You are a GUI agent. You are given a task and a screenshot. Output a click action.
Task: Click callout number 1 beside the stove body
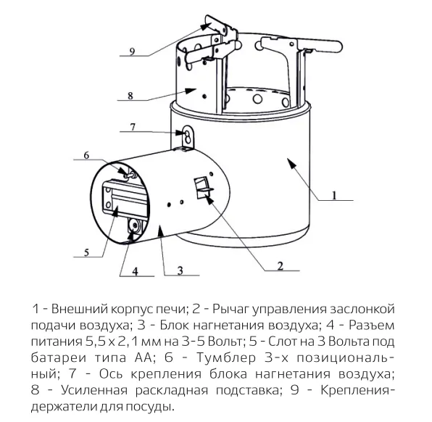click(x=334, y=196)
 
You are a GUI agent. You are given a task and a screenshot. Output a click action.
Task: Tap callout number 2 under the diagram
click(x=281, y=266)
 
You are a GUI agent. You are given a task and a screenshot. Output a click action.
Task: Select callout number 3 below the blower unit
click(x=180, y=270)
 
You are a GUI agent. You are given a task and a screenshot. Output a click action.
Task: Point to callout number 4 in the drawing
click(x=135, y=271)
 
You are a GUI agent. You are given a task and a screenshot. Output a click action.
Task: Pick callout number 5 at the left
click(x=86, y=252)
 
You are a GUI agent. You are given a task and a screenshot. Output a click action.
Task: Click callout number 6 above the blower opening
click(x=86, y=155)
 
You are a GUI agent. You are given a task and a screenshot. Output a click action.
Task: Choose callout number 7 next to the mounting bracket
click(x=133, y=127)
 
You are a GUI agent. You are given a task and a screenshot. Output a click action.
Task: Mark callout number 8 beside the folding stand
click(x=130, y=96)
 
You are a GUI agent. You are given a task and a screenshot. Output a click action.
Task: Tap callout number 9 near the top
click(x=132, y=51)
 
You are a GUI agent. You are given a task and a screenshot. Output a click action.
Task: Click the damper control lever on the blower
click(x=204, y=188)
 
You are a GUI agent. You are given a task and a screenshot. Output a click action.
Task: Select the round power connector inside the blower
click(x=135, y=226)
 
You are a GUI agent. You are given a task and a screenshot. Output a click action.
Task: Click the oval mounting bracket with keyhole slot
click(x=188, y=137)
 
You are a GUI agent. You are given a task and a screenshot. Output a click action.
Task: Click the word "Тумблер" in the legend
click(x=226, y=357)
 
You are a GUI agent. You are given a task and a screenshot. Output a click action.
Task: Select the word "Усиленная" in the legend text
click(x=94, y=390)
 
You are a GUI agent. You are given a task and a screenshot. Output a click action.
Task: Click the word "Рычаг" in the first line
click(x=230, y=309)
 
